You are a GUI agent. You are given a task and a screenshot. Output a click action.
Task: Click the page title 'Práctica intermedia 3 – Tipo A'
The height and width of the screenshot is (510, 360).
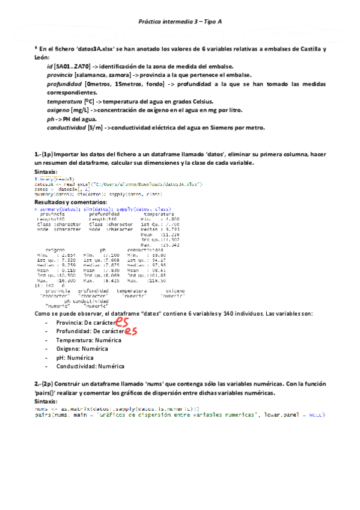(180, 21)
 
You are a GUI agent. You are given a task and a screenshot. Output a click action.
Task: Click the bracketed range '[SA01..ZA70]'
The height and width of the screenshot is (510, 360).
(72, 66)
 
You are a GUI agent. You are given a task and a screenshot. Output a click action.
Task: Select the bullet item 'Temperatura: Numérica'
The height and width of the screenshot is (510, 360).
(88, 340)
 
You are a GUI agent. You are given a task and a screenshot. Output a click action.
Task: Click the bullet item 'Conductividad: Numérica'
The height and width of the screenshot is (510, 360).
(90, 366)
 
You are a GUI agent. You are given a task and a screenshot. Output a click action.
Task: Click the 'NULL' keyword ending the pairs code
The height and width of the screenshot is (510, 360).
(316, 415)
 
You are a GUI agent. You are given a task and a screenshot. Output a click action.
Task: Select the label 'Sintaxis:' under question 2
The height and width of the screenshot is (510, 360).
(47, 401)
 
